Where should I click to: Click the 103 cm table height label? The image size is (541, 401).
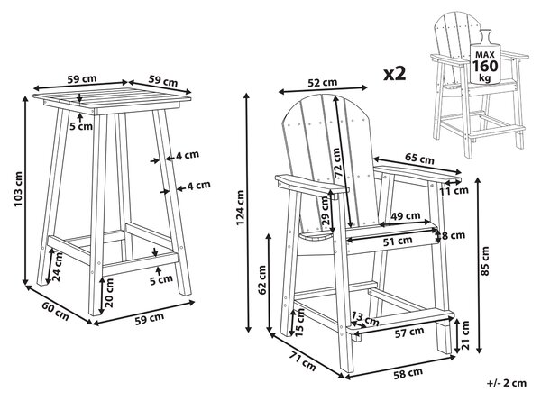point(18,189)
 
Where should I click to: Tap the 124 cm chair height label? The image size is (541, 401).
point(240,208)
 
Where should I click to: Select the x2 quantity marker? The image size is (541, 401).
point(395,74)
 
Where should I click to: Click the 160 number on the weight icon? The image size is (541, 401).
point(485,66)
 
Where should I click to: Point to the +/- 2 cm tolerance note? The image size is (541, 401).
point(507,383)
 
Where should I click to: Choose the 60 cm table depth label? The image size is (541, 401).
point(55,311)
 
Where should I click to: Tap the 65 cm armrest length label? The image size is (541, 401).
point(419,159)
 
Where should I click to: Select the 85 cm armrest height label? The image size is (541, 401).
point(485,260)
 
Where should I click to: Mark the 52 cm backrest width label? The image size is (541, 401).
point(322,82)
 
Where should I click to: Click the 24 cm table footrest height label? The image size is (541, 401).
point(57,267)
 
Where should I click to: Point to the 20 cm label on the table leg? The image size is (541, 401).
point(109,293)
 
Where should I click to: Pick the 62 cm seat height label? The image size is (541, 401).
point(262,280)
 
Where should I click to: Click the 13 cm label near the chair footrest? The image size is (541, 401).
point(365,319)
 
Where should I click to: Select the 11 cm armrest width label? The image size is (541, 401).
point(454,190)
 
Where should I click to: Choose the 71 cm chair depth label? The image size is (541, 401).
point(302,360)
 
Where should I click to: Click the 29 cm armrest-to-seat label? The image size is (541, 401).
point(326,211)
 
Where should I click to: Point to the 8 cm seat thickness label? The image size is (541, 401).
point(454,235)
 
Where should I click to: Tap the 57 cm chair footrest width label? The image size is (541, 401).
point(409,332)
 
